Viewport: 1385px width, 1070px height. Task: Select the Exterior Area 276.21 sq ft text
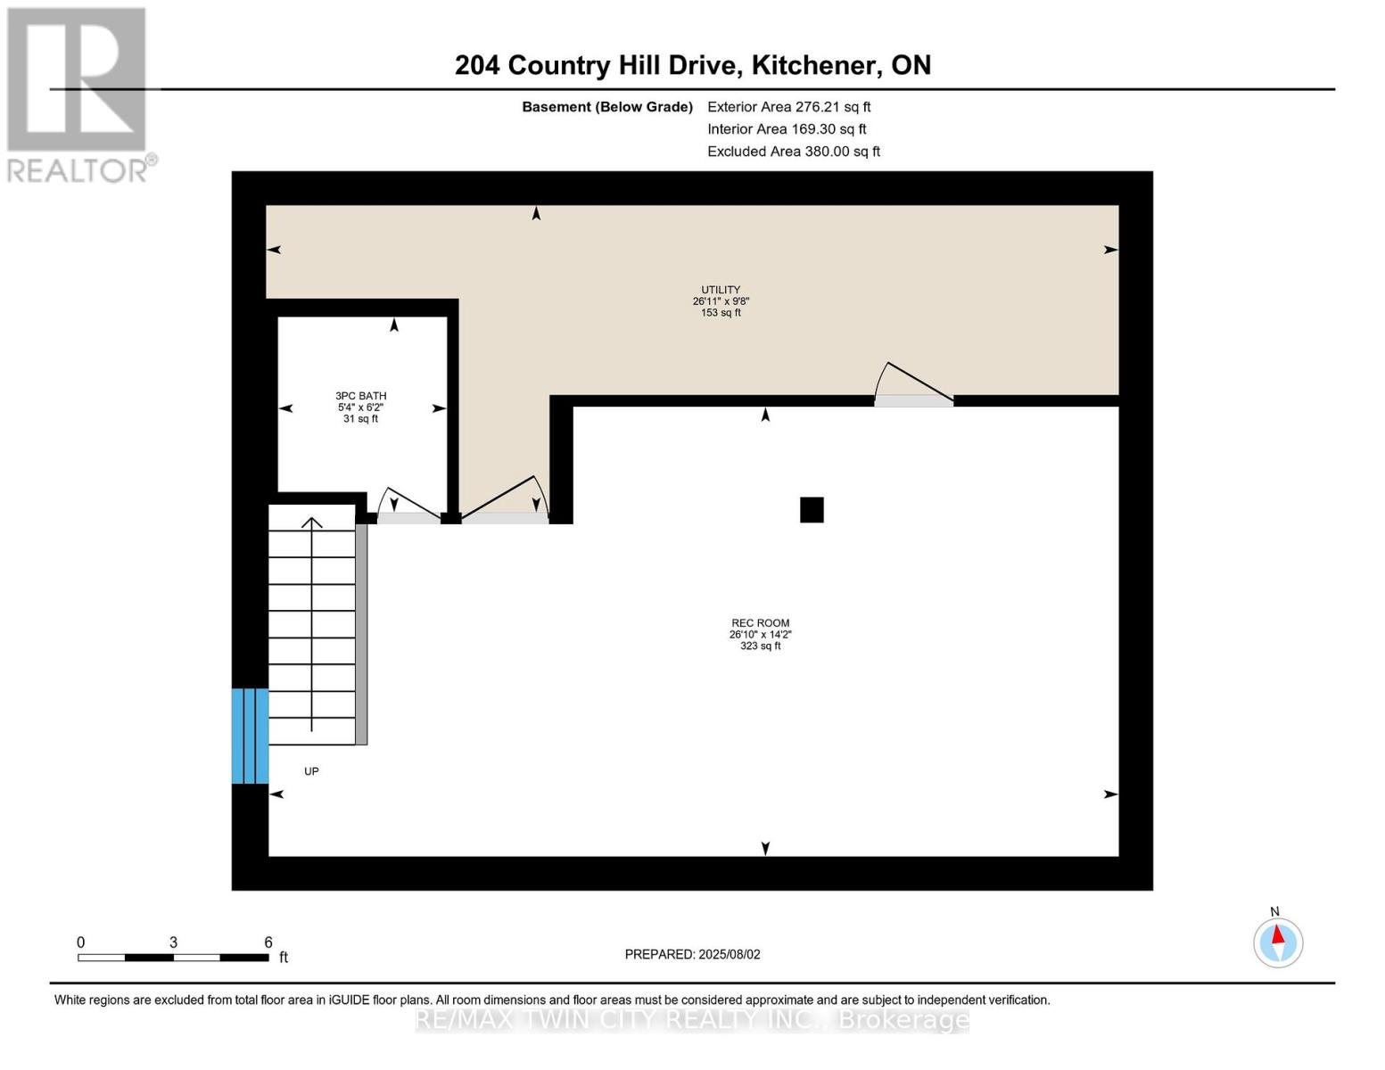(x=788, y=107)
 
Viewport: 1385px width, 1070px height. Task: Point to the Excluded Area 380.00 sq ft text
(x=793, y=152)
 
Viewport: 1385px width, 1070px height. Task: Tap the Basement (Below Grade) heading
(x=606, y=107)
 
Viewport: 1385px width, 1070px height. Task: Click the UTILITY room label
(x=721, y=290)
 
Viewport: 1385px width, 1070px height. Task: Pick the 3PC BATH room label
(x=360, y=396)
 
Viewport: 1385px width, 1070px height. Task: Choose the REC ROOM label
(x=760, y=623)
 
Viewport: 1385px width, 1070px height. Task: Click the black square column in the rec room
(x=812, y=509)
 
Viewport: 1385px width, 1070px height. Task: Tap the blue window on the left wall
(x=250, y=736)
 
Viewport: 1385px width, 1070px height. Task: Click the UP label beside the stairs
(x=311, y=771)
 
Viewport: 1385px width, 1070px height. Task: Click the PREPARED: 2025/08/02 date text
(x=692, y=954)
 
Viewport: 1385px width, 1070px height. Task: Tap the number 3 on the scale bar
(x=173, y=942)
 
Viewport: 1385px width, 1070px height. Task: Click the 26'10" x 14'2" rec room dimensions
(x=760, y=635)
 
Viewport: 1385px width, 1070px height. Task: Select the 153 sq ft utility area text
(x=721, y=313)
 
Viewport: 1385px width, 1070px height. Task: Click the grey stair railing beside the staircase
(x=361, y=633)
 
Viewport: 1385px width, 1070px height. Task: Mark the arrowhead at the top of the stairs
(x=311, y=523)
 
